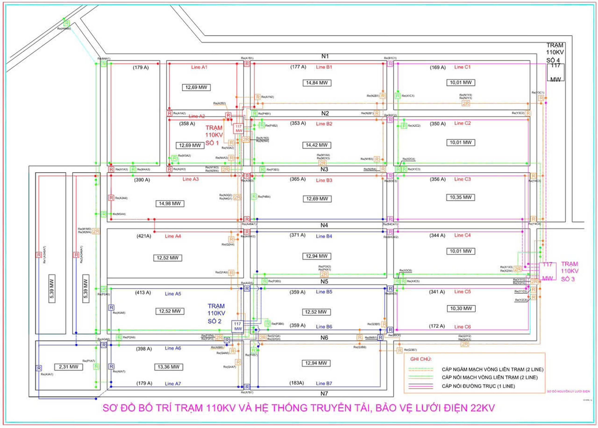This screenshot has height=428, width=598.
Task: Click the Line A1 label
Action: coord(199,67)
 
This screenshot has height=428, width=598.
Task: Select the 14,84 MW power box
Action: coord(317,83)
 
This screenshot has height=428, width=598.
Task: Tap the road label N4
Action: coord(324,225)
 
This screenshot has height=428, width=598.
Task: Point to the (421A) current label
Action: coord(144,236)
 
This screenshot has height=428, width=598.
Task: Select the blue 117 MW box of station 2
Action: coord(238,326)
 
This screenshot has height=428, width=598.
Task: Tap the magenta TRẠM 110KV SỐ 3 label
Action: coord(569,271)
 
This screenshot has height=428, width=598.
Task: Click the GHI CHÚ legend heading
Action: coord(421,359)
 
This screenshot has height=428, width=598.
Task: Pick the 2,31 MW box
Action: coord(68,367)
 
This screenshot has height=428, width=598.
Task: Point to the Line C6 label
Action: coord(462,327)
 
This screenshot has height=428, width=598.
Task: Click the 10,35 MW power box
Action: coord(460,197)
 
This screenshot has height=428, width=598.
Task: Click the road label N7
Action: coord(324,393)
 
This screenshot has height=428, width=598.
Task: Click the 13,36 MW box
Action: coord(168,367)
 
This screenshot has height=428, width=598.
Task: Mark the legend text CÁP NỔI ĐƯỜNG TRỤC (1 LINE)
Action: coord(478,386)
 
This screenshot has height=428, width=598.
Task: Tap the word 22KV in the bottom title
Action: coord(482,408)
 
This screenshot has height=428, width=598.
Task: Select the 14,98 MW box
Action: coord(170,203)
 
